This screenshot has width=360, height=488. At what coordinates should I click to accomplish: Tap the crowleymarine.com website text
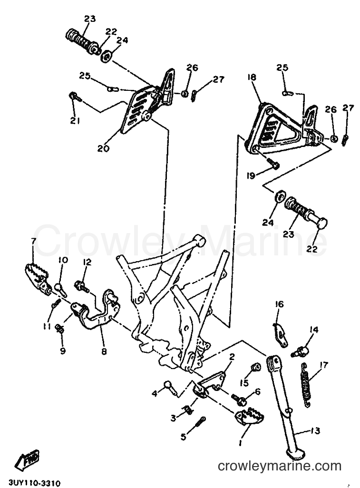(280, 466)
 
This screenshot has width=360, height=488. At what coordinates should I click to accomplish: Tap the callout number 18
(252, 77)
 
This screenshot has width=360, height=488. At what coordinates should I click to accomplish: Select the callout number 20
(103, 149)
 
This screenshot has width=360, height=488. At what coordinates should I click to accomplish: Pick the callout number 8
(104, 351)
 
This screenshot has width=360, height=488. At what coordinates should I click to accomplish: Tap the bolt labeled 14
(301, 352)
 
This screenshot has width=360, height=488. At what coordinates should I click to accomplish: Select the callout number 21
(75, 121)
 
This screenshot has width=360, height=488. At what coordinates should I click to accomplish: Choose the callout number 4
(155, 393)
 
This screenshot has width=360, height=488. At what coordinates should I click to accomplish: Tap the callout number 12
(87, 263)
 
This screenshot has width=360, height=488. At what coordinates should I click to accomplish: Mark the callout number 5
(184, 437)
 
